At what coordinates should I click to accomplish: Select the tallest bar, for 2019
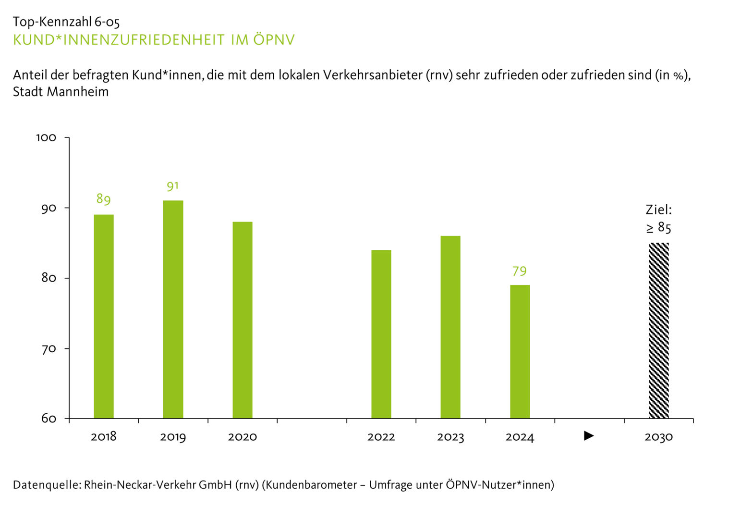pyautogui.click(x=173, y=309)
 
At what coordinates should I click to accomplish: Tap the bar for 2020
pyautogui.click(x=243, y=320)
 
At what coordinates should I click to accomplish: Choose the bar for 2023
pyautogui.click(x=450, y=327)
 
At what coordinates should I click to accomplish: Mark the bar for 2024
pyautogui.click(x=520, y=352)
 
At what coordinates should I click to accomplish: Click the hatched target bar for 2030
pyautogui.click(x=659, y=331)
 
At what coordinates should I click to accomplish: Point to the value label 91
pyautogui.click(x=173, y=186)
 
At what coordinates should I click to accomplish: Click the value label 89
pyautogui.click(x=104, y=199)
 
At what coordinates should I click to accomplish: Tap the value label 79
pyautogui.click(x=520, y=272)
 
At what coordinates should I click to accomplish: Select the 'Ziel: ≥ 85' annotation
pyautogui.click(x=659, y=219)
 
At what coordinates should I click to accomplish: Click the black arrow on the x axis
pyautogui.click(x=589, y=436)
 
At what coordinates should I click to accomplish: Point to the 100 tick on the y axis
pyautogui.click(x=47, y=138)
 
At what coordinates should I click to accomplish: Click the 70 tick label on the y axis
pyautogui.click(x=49, y=349)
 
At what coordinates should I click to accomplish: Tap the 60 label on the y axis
pyautogui.click(x=49, y=419)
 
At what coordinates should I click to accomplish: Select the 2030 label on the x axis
pyautogui.click(x=659, y=437)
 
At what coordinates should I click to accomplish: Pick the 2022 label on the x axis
pyautogui.click(x=381, y=437)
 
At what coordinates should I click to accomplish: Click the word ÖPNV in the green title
pyautogui.click(x=274, y=39)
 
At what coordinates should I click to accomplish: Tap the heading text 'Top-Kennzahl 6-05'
pyautogui.click(x=66, y=22)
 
